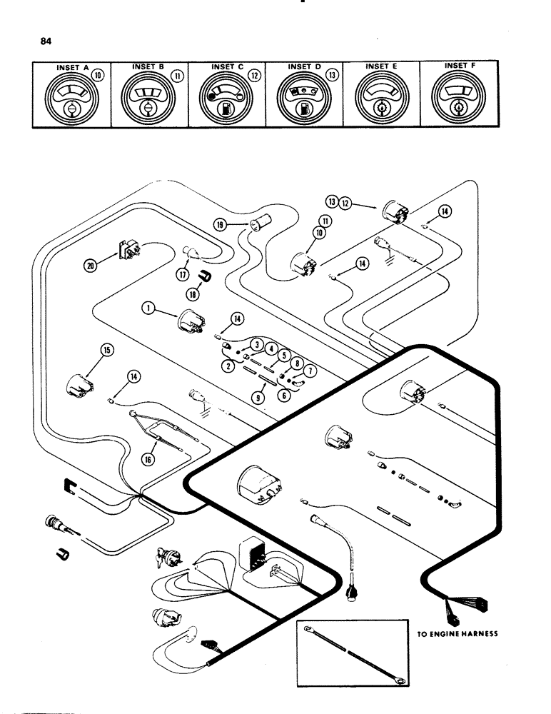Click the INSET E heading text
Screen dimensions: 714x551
pyautogui.click(x=381, y=66)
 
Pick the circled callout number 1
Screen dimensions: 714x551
pyautogui.click(x=148, y=308)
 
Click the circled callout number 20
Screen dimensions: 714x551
pyautogui.click(x=90, y=266)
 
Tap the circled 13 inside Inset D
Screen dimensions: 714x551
pyautogui.click(x=332, y=74)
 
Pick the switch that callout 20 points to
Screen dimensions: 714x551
pyautogui.click(x=126, y=251)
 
